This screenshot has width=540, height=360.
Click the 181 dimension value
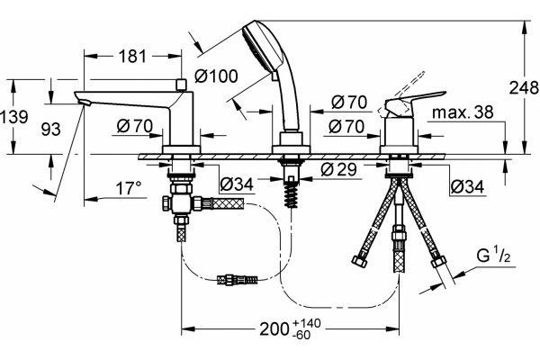tap(132, 56)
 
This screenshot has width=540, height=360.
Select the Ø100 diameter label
tap(216, 76)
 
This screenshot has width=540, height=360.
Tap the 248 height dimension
tap(524, 88)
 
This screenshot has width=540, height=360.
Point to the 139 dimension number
tap(14, 117)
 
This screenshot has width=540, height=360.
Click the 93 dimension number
tap(50, 130)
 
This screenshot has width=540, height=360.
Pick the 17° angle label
tap(129, 188)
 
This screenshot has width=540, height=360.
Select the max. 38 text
tap(463, 112)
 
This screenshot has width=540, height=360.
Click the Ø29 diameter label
tap(339, 169)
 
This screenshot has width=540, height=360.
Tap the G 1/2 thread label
tap(493, 256)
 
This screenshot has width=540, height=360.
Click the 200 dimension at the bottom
tap(274, 329)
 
